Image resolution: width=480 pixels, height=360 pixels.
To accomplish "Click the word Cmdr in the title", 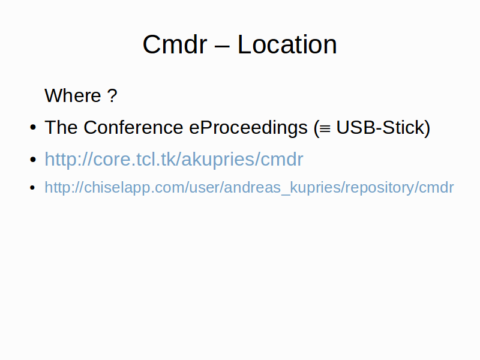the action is pos(175,44).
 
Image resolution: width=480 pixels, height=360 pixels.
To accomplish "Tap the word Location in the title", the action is pos(287,44).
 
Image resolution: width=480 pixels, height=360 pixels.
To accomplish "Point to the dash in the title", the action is pos(222,47).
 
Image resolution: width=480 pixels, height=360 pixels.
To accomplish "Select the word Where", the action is pos(73,95).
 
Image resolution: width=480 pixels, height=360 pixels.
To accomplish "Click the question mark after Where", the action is pos(112,95).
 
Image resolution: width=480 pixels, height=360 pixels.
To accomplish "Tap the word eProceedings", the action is pos(248,128).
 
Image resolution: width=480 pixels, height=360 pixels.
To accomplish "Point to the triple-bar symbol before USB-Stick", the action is pos(325,128).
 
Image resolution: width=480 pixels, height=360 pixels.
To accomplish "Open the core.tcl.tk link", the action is pos(174,159).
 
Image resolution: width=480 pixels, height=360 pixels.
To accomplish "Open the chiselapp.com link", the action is pos(249,187).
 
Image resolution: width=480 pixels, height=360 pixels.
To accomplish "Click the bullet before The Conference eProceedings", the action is pos(33,127).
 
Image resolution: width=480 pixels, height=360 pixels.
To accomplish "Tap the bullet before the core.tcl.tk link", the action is pos(33,159).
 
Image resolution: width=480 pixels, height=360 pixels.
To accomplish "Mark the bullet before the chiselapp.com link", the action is pos(33,187).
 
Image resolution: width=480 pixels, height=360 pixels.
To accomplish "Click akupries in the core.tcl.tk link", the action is pos(218,159).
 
